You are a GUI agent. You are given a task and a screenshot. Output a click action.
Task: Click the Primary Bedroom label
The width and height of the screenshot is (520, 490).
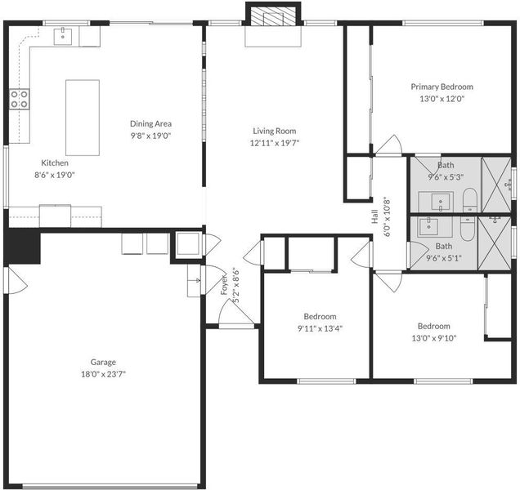[442, 87]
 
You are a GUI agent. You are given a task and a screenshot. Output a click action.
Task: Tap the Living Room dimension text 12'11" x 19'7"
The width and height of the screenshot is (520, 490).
[275, 143]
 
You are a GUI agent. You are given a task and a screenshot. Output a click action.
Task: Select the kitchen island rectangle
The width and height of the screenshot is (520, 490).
[83, 118]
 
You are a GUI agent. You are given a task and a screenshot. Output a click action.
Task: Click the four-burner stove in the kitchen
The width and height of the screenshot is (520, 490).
[19, 99]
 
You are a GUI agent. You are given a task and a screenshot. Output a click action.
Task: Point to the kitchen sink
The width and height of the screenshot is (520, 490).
[62, 36]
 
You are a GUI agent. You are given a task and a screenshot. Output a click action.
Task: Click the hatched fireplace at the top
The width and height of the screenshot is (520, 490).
[273, 16]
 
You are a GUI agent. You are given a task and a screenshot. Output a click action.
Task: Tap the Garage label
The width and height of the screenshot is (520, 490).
[103, 362]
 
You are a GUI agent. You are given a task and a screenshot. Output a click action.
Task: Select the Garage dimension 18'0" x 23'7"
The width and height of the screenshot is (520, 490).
[104, 374]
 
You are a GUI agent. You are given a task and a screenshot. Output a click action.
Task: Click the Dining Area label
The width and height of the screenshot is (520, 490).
[150, 123]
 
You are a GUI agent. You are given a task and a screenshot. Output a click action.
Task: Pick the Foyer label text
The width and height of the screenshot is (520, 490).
[225, 284]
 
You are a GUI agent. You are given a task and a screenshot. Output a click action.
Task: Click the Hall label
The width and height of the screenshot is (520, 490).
[374, 216]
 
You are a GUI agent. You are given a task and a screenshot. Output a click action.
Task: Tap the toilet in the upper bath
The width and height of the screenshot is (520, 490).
[469, 199]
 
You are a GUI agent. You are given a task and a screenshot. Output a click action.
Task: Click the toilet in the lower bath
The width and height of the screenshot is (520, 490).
[468, 229]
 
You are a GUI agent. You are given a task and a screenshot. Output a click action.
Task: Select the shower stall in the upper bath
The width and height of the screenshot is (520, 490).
[496, 185]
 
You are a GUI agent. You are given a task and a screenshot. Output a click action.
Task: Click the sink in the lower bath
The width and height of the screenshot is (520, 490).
[428, 227]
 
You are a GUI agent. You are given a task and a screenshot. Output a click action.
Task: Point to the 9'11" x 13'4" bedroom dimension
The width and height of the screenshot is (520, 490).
[320, 328]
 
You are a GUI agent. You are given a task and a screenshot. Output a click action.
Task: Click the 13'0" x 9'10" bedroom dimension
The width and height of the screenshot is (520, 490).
[434, 338]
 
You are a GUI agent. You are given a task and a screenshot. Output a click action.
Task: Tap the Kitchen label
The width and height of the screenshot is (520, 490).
[55, 163]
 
